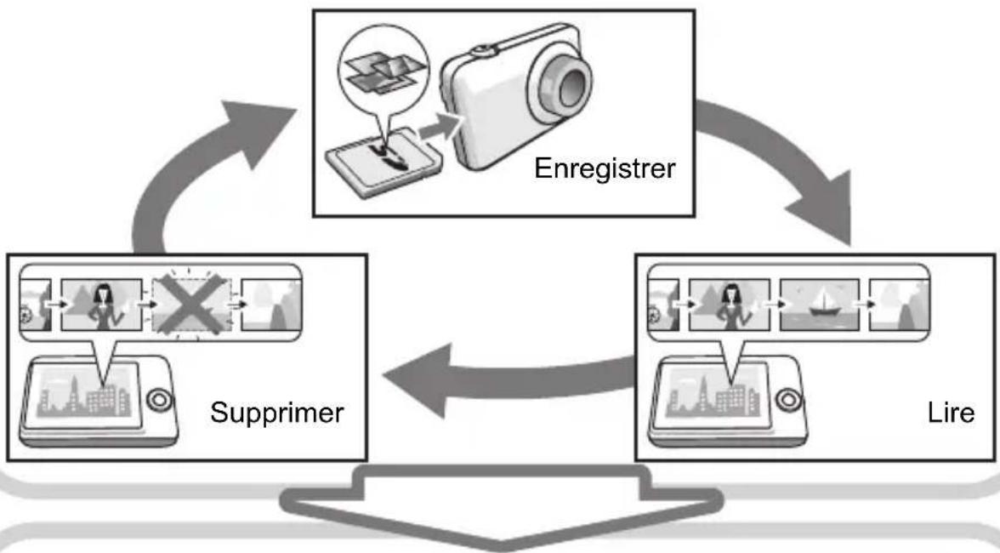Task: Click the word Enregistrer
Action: click(605, 168)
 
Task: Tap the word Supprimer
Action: click(277, 413)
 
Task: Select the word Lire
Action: click(951, 413)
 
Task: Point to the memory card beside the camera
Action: click(384, 162)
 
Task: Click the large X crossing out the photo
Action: click(191, 305)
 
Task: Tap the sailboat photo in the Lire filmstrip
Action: click(819, 305)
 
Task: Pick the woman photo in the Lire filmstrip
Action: click(730, 305)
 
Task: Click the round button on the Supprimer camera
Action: click(159, 400)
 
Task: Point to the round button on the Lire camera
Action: click(788, 400)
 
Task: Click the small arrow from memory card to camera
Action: click(440, 128)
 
